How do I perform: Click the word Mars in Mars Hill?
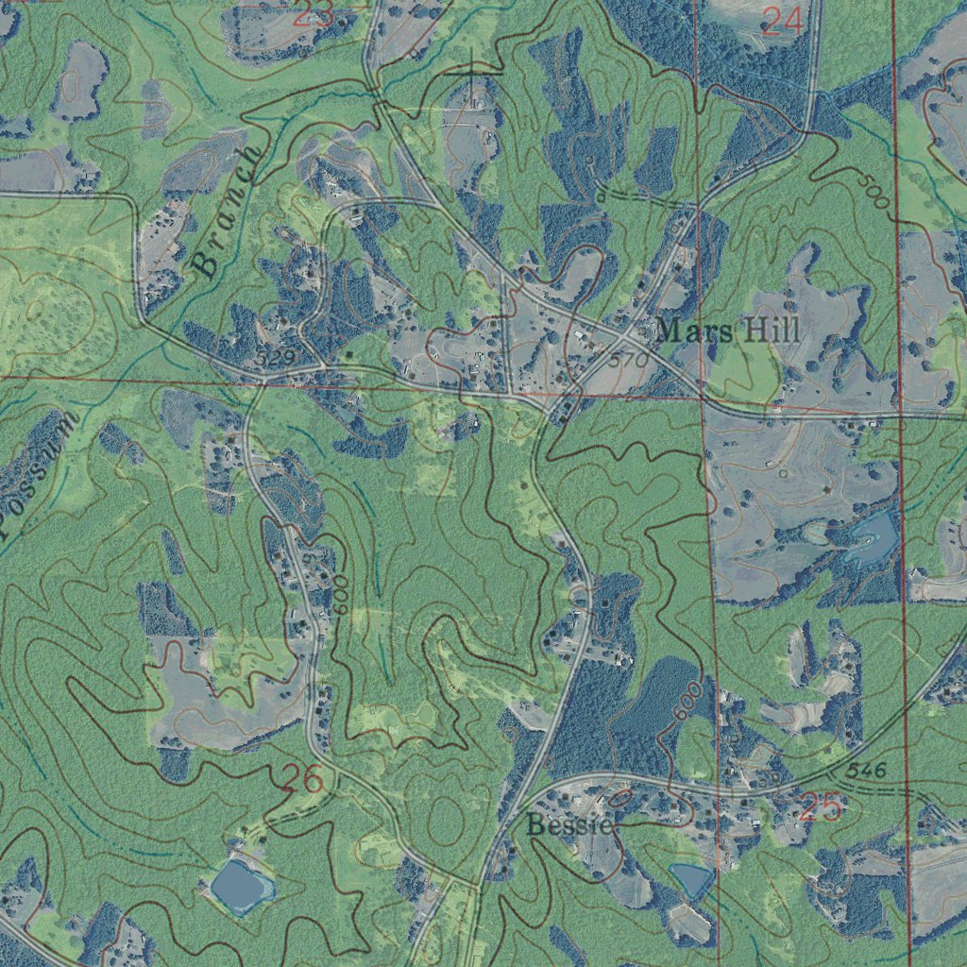(x=690, y=331)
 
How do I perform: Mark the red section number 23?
(x=313, y=13)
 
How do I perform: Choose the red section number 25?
(x=820, y=807)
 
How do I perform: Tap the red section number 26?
(x=303, y=779)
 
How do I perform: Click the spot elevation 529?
(x=275, y=357)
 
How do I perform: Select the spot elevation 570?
(x=628, y=361)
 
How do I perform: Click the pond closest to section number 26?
(x=241, y=884)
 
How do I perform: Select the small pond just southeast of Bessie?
(x=691, y=879)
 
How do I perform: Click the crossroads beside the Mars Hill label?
(x=626, y=337)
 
